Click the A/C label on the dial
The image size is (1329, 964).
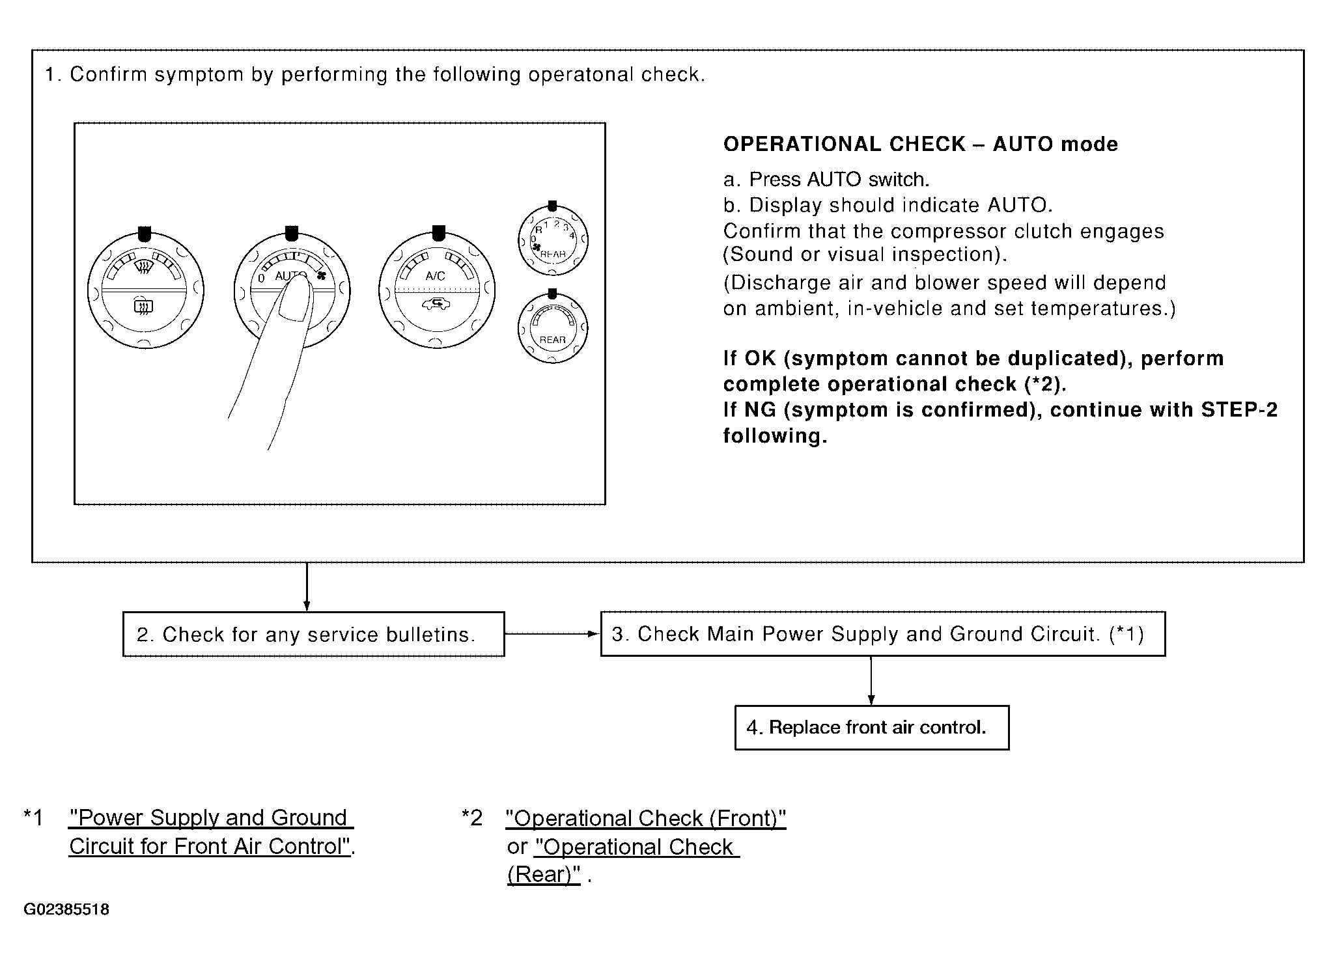(x=435, y=276)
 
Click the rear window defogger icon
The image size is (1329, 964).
(x=143, y=305)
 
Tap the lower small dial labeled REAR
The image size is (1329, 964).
(x=552, y=327)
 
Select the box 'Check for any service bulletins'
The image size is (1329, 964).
(x=314, y=634)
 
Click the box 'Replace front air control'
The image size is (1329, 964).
(x=872, y=728)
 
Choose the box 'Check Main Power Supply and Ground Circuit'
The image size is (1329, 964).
(x=883, y=634)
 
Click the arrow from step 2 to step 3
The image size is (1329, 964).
(x=552, y=634)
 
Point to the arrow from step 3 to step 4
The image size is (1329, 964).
(x=871, y=681)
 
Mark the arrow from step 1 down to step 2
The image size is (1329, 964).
(x=307, y=587)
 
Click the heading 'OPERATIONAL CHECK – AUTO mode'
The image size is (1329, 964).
(x=921, y=145)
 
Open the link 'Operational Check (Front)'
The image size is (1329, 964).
(x=646, y=819)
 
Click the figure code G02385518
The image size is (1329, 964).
(x=66, y=909)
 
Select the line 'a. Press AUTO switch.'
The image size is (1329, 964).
(x=826, y=180)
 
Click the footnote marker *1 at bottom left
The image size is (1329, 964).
(x=33, y=818)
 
